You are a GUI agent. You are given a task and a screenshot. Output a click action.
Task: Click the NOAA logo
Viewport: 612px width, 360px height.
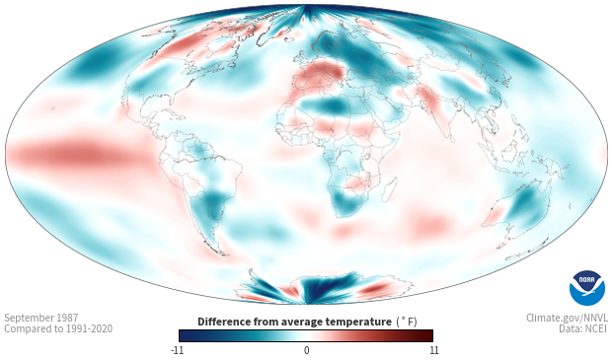(587, 288)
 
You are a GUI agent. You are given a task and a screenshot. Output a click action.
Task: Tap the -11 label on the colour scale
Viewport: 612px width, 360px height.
(178, 350)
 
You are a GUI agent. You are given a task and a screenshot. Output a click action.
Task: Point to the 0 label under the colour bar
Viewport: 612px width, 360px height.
(306, 350)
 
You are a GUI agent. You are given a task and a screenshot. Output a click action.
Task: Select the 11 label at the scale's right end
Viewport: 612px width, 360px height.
(433, 350)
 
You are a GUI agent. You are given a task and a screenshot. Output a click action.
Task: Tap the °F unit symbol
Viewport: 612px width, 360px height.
(407, 322)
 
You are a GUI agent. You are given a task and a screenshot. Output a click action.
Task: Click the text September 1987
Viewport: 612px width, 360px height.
(41, 318)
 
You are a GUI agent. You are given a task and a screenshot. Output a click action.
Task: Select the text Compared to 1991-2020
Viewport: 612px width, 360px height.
(58, 328)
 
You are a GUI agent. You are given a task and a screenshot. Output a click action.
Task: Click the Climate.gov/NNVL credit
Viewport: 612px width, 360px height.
(567, 318)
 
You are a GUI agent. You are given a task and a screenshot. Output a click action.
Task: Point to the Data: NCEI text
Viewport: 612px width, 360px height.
(583, 328)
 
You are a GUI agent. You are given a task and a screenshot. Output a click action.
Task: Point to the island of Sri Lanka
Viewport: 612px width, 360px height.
(451, 138)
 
